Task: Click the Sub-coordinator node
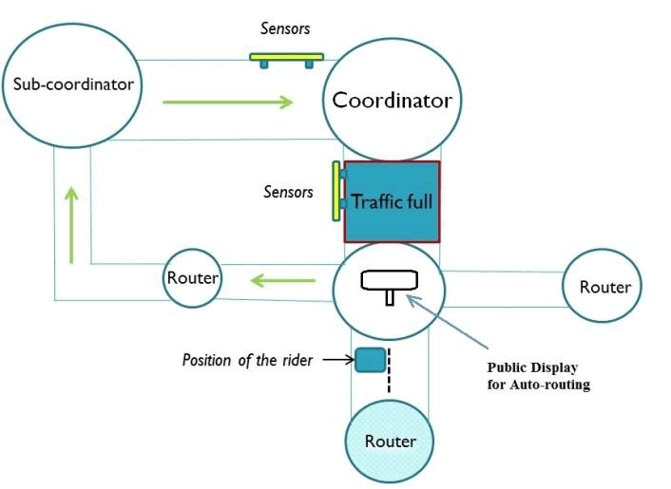pyautogui.click(x=72, y=85)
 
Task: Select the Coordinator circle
pyautogui.click(x=392, y=99)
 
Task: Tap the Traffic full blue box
pyautogui.click(x=393, y=201)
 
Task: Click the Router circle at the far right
pyautogui.click(x=604, y=287)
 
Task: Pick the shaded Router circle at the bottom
pyautogui.click(x=391, y=442)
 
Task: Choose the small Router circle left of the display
pyautogui.click(x=193, y=278)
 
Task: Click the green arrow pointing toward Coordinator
pyautogui.click(x=228, y=101)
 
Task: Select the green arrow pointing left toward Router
pyautogui.click(x=282, y=279)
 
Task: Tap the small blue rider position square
pyautogui.click(x=370, y=360)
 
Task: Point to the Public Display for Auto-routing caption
pyautogui.click(x=532, y=376)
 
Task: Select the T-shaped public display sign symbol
pyautogui.click(x=390, y=283)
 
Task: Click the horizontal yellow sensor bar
pyautogui.click(x=286, y=57)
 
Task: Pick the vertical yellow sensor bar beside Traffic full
pyautogui.click(x=336, y=191)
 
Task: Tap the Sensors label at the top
pyautogui.click(x=286, y=29)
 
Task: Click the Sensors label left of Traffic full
pyautogui.click(x=288, y=193)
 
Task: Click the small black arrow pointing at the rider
pyautogui.click(x=335, y=361)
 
